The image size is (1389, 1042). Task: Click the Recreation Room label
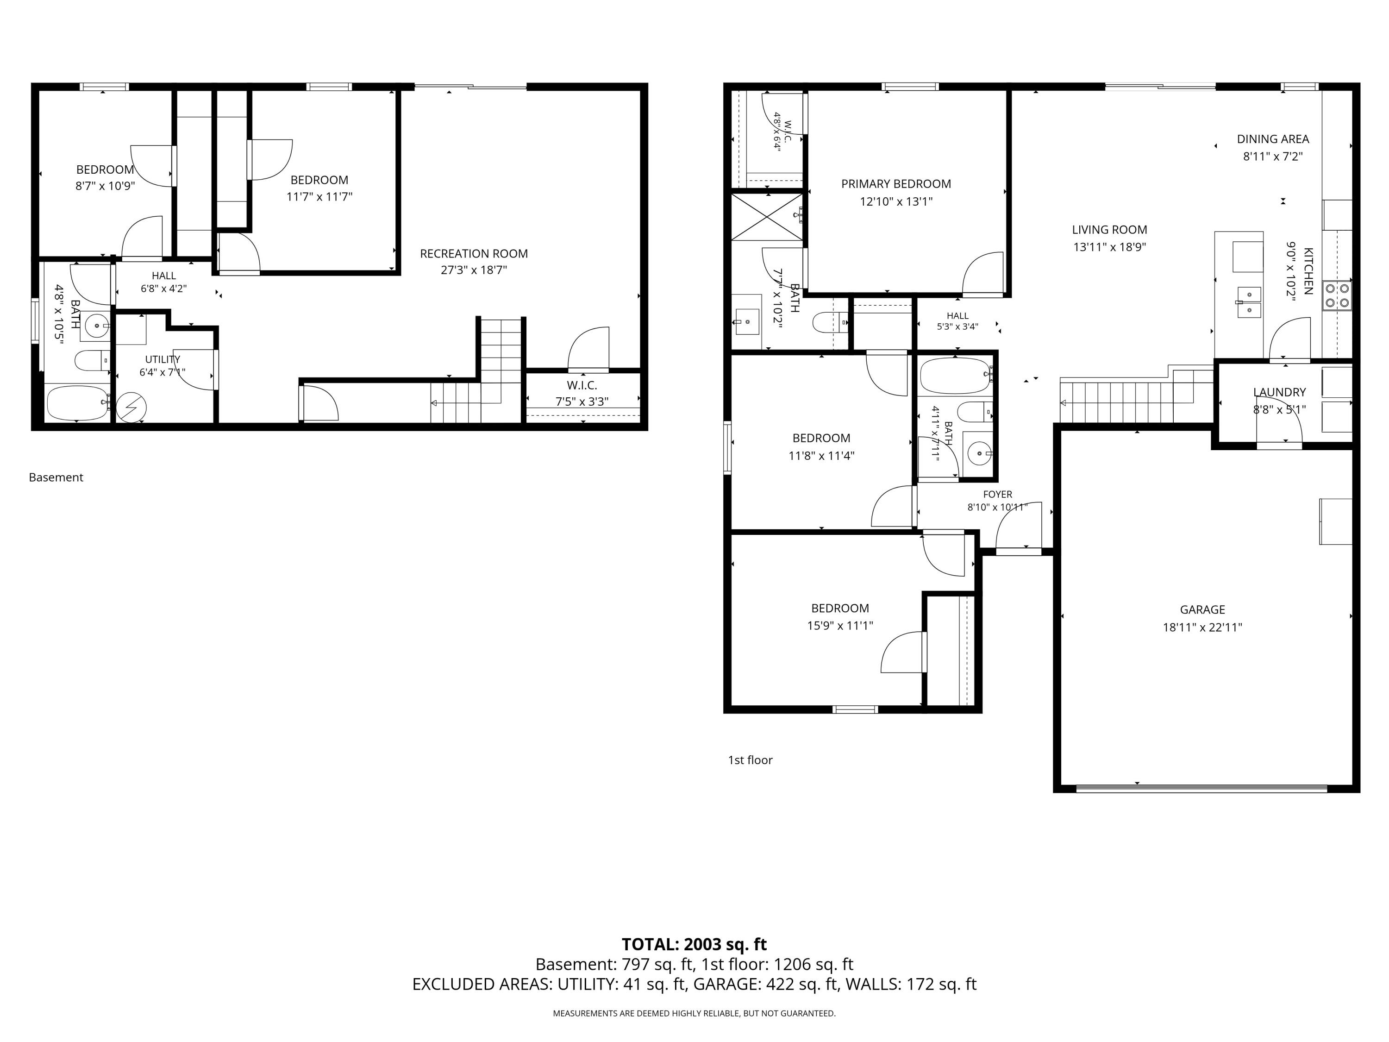[474, 254]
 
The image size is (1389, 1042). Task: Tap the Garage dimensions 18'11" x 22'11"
[1202, 627]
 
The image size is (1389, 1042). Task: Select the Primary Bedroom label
[896, 184]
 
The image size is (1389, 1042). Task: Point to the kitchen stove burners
[1337, 296]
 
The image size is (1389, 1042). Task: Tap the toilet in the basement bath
[92, 360]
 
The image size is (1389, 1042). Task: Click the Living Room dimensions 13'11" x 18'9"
[1109, 247]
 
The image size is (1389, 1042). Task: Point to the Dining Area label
[1273, 139]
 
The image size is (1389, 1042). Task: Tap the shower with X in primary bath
[767, 217]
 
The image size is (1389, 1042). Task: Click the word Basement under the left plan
[56, 477]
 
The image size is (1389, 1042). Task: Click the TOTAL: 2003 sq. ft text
[694, 944]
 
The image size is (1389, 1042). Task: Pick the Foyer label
[998, 494]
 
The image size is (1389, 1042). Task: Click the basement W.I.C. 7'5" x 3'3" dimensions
[582, 402]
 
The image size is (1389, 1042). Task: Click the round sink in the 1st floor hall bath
[978, 452]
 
